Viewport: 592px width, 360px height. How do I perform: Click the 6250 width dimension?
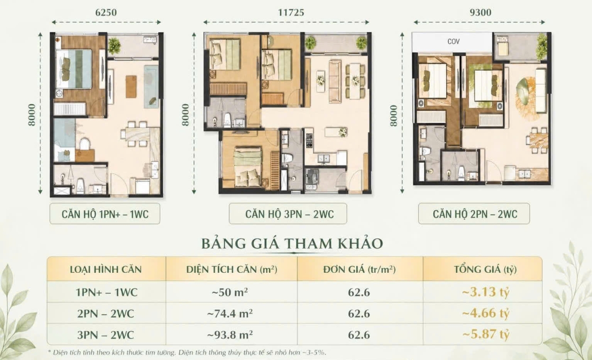coord(106,12)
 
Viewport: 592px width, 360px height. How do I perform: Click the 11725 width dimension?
coord(291,12)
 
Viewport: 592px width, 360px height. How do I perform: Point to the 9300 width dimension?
coord(481,12)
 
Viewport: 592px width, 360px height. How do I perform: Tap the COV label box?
coord(453,42)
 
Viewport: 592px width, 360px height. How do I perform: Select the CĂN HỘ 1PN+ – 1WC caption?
coord(105,214)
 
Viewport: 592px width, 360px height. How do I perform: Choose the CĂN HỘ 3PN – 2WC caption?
coord(288,214)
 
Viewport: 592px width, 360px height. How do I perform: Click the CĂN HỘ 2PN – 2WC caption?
coord(474,214)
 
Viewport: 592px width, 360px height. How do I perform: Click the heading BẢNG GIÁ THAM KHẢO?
coord(292,243)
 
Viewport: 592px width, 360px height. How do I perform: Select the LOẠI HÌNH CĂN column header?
coord(106,270)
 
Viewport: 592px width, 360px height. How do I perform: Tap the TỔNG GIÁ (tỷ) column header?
coord(485,270)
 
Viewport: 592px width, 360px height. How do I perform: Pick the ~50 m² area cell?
coord(230,292)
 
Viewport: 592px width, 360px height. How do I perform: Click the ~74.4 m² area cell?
coord(230,314)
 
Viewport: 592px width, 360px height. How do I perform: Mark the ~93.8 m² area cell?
coord(230,335)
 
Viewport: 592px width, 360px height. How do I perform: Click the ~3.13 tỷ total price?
coord(485,292)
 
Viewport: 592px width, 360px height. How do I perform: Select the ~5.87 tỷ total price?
coord(485,334)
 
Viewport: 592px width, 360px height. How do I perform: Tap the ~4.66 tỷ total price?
coord(485,313)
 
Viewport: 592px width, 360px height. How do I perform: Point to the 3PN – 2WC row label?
coord(106,335)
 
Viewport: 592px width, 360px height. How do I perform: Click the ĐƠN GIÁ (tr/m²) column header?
coord(359,270)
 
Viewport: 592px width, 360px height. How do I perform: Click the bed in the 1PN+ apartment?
coord(74,69)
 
